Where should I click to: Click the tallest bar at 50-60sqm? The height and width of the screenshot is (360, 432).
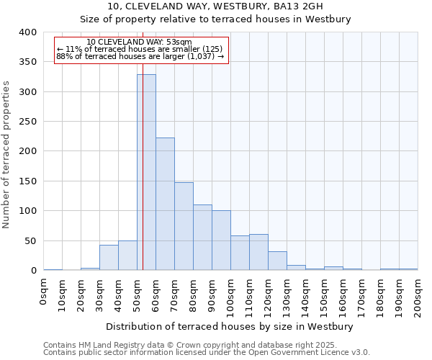point(146,173)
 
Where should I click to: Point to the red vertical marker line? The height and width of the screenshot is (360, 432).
point(143,144)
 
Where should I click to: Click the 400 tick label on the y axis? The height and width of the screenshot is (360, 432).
point(28,32)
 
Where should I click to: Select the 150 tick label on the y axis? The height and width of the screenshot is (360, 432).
point(28,181)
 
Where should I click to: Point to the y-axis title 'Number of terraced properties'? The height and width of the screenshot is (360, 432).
point(6,154)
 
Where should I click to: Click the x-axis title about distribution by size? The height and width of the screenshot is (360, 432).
point(230,326)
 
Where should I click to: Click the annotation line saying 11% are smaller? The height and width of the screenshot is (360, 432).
point(139,49)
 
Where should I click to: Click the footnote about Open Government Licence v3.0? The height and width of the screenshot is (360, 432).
point(207,352)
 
